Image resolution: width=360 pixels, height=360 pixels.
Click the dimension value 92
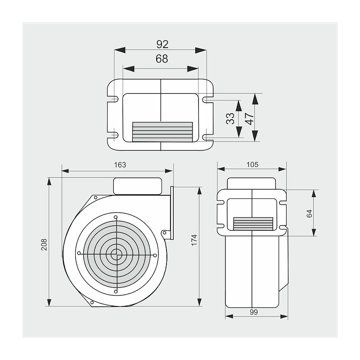[162, 44]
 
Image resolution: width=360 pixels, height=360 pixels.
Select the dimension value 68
[162, 59]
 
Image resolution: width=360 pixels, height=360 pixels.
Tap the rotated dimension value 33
[230, 118]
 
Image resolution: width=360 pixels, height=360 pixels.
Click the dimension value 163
[120, 165]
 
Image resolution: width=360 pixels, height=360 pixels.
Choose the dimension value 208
[44, 245]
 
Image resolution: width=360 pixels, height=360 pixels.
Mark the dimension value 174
[194, 240]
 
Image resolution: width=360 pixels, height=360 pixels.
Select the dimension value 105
[252, 165]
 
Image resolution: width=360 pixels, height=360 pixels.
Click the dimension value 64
[309, 213]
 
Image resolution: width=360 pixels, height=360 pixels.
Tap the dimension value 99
[253, 312]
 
